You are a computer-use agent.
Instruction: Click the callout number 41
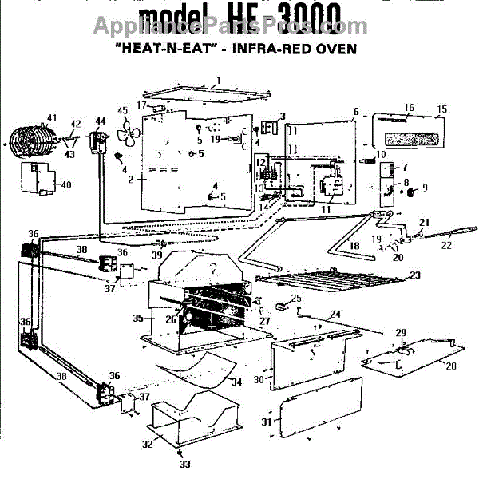(52, 118)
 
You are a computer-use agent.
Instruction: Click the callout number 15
(441, 109)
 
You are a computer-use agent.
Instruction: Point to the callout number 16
(409, 107)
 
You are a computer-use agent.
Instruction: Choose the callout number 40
(65, 185)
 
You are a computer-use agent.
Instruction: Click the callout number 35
(137, 318)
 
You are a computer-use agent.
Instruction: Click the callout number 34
(236, 382)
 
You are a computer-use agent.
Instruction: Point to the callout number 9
(425, 188)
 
